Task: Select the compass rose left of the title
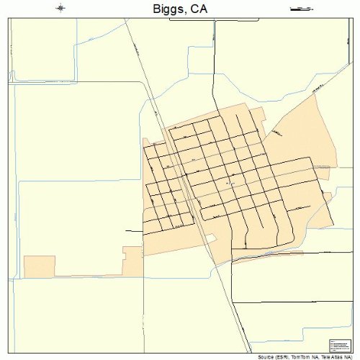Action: [x=60, y=8]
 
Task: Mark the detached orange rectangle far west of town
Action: [x=40, y=265]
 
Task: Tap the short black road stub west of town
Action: [x=134, y=231]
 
